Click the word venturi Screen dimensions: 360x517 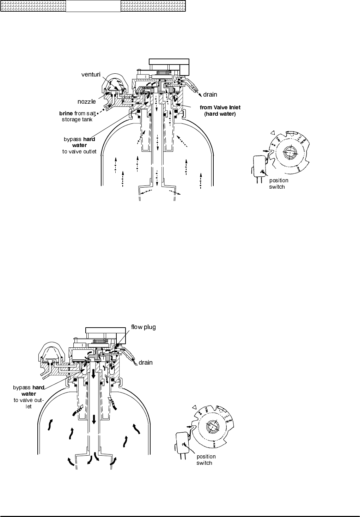click(x=91, y=74)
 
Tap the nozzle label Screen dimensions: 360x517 click(x=87, y=102)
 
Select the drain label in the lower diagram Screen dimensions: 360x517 click(x=145, y=362)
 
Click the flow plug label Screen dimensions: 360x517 click(x=143, y=327)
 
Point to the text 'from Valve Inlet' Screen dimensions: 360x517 click(x=220, y=108)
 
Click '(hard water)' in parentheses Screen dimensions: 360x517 click(x=220, y=114)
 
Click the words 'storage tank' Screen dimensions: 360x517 click(x=75, y=120)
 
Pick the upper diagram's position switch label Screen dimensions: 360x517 click(x=279, y=183)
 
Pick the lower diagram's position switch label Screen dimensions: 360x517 click(x=206, y=460)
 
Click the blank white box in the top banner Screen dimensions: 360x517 click(x=93, y=6)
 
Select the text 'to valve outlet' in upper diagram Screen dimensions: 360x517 click(x=79, y=152)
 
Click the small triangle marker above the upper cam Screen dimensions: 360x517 click(x=272, y=133)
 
